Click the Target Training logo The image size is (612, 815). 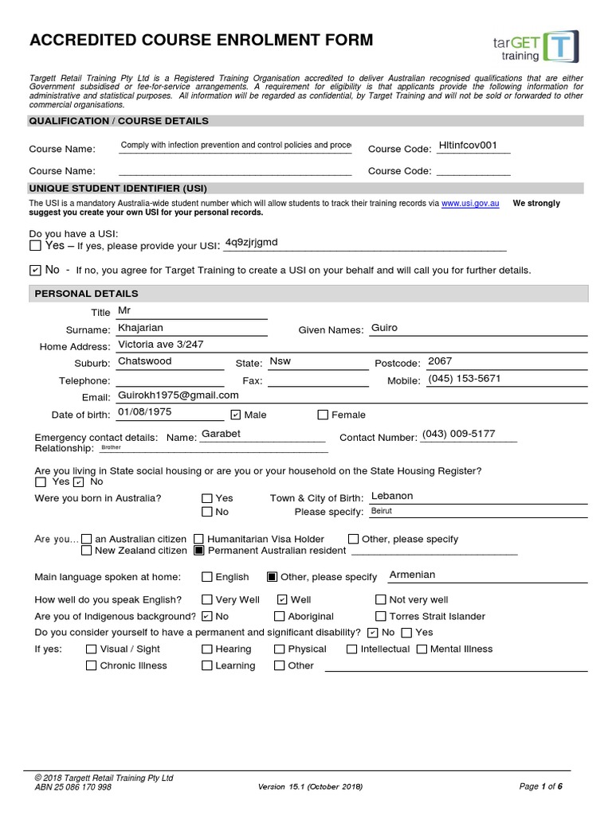539,47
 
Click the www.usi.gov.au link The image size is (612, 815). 470,204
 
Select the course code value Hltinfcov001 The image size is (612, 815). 468,146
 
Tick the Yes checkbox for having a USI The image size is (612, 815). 34,246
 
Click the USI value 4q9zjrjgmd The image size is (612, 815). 252,242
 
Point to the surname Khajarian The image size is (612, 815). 140,327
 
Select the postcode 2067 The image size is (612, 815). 440,361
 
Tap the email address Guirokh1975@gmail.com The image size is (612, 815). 178,395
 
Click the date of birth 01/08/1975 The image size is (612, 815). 144,411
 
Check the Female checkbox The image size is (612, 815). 323,415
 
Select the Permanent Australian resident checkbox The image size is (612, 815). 200,550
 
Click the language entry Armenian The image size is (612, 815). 412,575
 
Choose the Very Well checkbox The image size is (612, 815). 207,599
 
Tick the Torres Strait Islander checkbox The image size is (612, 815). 381,616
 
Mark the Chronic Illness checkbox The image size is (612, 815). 91,665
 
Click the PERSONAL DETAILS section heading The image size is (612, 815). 86,294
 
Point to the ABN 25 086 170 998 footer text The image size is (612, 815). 73,787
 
